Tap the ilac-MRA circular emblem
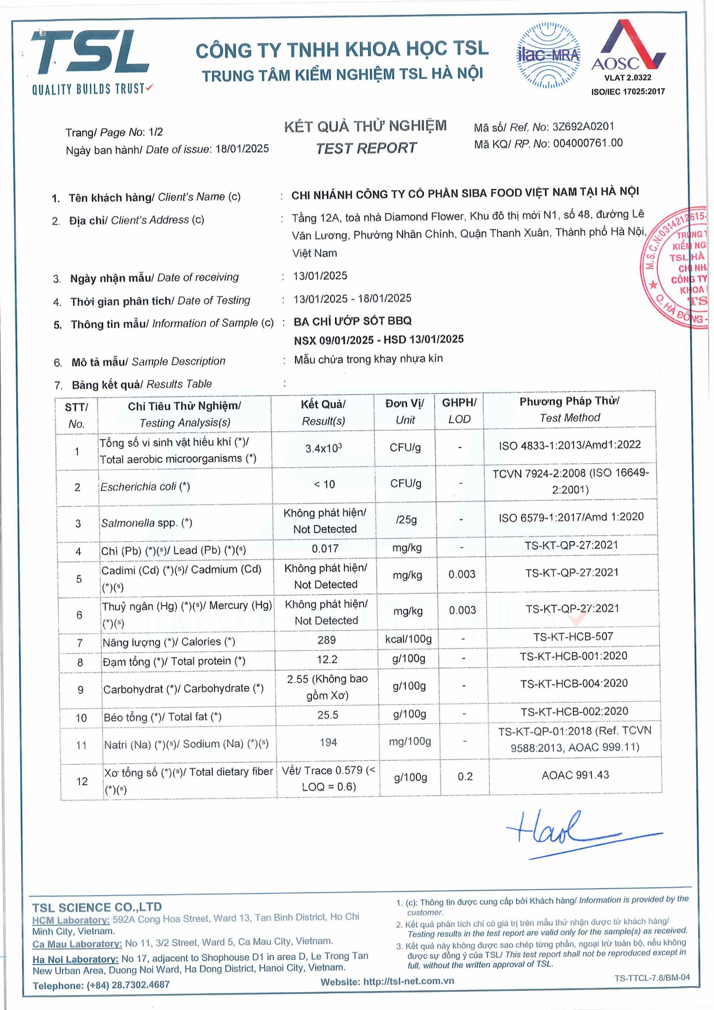point(548,56)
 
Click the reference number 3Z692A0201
point(583,127)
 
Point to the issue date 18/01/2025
point(242,149)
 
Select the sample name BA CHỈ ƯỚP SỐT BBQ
point(352,322)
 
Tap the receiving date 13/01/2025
point(320,276)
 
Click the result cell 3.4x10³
point(324,448)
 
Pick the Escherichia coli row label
point(145,487)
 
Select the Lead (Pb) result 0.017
point(325,548)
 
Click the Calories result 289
point(326,640)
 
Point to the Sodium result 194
point(328,742)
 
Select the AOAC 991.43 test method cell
point(575,775)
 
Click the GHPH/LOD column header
point(459,410)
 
